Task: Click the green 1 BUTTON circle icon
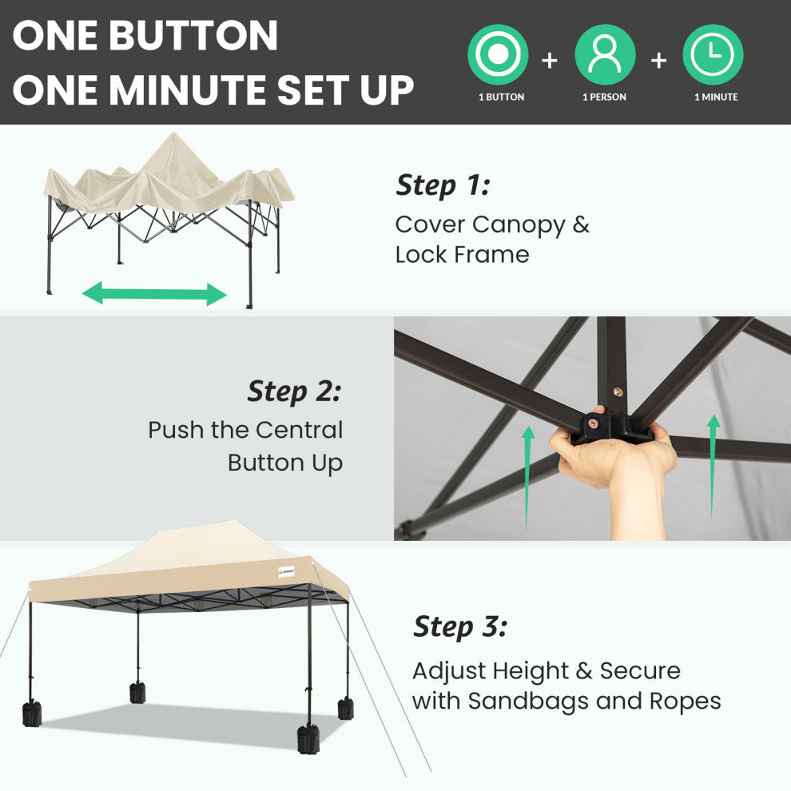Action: [498, 54]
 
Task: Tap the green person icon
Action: [605, 54]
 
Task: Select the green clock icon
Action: [713, 54]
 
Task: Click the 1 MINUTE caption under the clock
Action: [716, 97]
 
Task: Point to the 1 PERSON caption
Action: [604, 97]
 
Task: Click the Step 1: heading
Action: [443, 185]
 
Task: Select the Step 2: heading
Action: [294, 392]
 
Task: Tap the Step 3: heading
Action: [460, 627]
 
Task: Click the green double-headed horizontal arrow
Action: [154, 293]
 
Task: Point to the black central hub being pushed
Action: [611, 427]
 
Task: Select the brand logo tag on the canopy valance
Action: [286, 571]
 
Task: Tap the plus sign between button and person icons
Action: [550, 61]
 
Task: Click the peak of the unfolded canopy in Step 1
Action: [173, 134]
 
